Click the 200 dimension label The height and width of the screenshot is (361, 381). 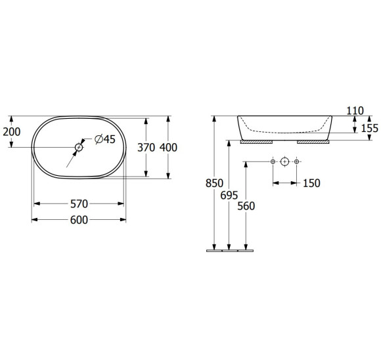12,132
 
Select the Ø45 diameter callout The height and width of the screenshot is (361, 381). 105,139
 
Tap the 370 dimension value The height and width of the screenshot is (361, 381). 146,148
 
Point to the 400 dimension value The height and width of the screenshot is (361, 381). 168,148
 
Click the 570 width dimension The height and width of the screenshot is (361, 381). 79,204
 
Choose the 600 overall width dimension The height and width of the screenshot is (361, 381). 79,220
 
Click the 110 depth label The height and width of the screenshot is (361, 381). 355,111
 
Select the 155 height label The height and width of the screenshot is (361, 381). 370,128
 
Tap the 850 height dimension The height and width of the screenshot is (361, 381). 214,183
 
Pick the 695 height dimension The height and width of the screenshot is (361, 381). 229,196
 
